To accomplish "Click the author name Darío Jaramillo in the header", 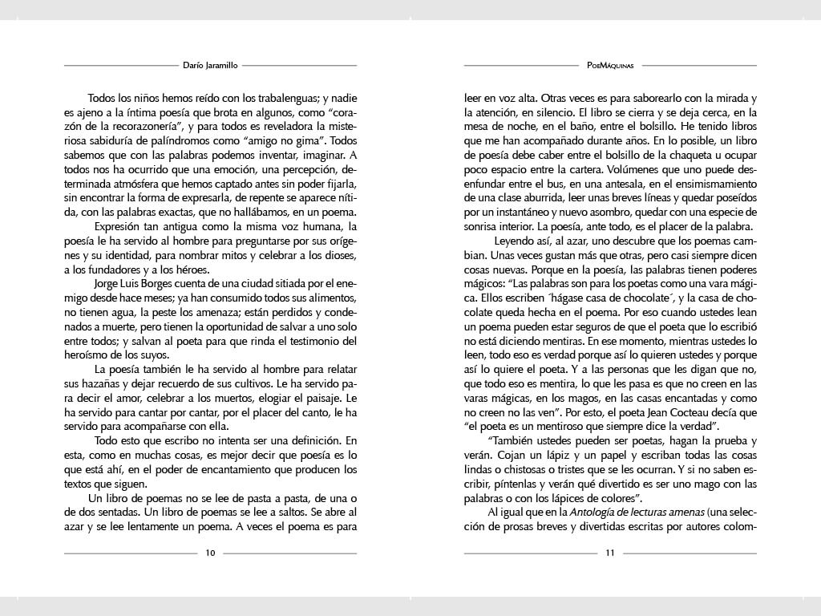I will tap(210, 65).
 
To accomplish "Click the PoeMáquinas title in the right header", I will tap(610, 65).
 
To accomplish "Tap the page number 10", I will tap(210, 553).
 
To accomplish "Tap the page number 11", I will tap(610, 553).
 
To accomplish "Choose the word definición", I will tap(307, 440).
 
